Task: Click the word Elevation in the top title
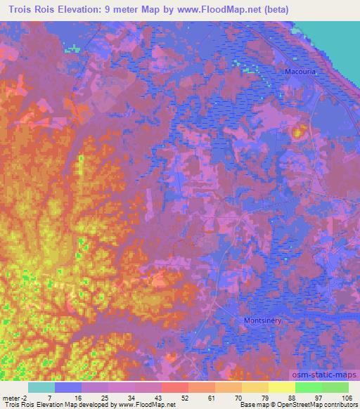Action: [82, 8]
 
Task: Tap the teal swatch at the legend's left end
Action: [41, 387]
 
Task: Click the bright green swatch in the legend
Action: [309, 387]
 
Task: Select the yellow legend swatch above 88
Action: [282, 387]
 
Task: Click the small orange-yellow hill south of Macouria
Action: [298, 131]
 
